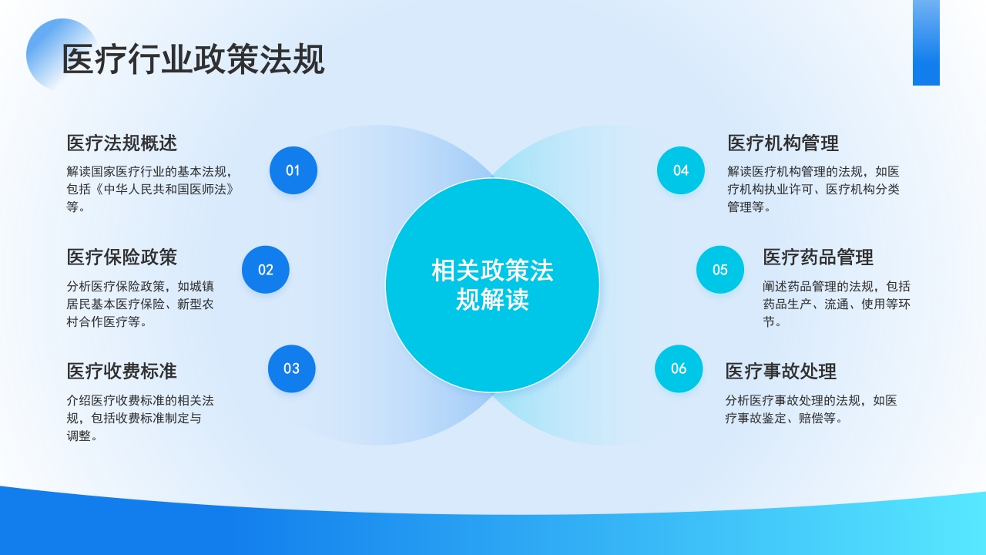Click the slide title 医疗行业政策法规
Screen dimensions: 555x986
(193, 60)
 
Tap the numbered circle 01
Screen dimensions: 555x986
(293, 170)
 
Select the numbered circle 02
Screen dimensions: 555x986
(266, 270)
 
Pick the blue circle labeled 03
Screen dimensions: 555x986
(291, 368)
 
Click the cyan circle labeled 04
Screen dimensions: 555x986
(681, 170)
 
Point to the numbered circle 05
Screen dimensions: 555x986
(720, 270)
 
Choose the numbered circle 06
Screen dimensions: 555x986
(679, 368)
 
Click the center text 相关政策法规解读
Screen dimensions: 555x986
(492, 285)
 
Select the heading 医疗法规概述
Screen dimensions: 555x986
(122, 143)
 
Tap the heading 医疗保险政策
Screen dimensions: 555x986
(122, 257)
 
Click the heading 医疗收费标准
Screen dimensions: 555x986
(122, 372)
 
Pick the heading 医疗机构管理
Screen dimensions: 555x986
(783, 143)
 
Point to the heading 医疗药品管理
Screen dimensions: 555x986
(818, 257)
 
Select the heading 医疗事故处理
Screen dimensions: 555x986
(780, 372)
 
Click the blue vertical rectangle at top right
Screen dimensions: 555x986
(926, 42)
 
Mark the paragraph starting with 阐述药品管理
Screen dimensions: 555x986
(837, 304)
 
